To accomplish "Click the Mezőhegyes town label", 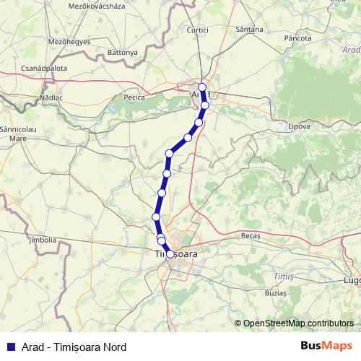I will (x=48, y=42).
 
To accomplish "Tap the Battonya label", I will (x=122, y=53).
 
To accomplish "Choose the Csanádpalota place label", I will (x=44, y=69).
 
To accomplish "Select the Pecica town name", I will (x=134, y=97).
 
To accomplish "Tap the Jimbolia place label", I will (x=41, y=239).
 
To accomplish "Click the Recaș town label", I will (x=251, y=235).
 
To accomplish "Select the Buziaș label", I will (x=275, y=294).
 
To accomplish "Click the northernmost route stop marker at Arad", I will (x=202, y=87).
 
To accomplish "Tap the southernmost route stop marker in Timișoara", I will (x=170, y=254).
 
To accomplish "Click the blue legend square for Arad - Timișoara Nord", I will (x=10, y=346).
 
